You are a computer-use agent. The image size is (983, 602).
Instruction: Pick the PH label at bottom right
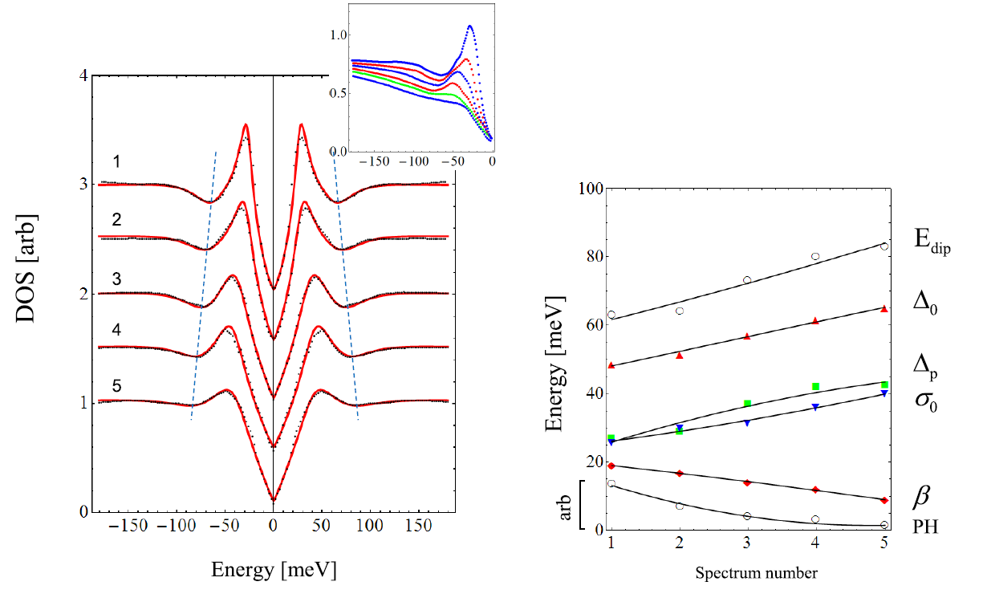pyautogui.click(x=926, y=527)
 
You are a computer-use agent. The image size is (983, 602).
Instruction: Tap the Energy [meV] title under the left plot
pyautogui.click(x=274, y=570)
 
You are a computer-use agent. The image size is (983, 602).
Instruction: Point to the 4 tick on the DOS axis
pyautogui.click(x=83, y=75)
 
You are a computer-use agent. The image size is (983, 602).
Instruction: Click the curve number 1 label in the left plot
pyautogui.click(x=117, y=162)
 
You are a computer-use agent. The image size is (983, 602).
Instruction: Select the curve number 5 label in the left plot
pyautogui.click(x=117, y=386)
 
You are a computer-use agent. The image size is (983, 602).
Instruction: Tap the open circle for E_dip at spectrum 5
pyautogui.click(x=883, y=246)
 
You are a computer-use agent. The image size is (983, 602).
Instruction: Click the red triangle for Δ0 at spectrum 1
pyautogui.click(x=611, y=365)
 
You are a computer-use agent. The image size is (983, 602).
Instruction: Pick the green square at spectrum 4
pyautogui.click(x=815, y=387)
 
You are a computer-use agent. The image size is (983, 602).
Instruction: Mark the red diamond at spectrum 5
pyautogui.click(x=883, y=500)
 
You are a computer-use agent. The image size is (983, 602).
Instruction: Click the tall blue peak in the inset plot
pyautogui.click(x=470, y=26)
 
